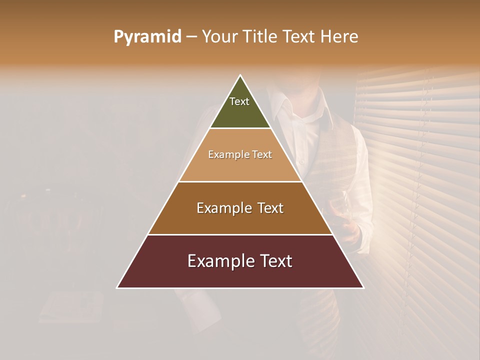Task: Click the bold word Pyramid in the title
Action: [x=147, y=37]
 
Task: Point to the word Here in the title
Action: [x=340, y=37]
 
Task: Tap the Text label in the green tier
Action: [x=239, y=101]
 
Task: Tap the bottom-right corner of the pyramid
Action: [x=363, y=287]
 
